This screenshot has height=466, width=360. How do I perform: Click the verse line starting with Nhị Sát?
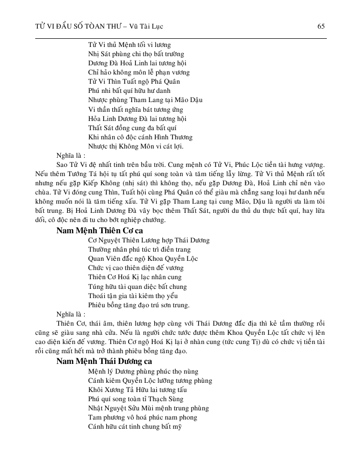click(x=136, y=54)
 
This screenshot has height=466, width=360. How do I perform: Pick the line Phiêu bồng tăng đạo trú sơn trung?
click(x=138, y=305)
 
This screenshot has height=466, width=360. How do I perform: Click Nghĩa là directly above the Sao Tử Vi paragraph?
click(x=70, y=156)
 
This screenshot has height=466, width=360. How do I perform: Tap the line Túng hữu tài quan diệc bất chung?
click(x=137, y=286)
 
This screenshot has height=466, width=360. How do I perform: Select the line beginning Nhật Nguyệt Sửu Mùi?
click(x=148, y=408)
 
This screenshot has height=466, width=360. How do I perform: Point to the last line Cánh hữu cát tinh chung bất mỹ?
click(x=135, y=427)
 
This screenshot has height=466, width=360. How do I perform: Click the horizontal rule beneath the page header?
click(x=180, y=38)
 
